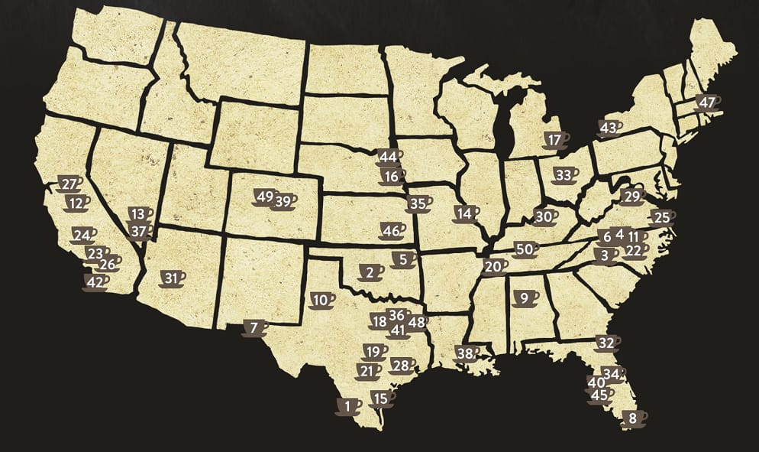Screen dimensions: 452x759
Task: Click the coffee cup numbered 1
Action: [347, 406]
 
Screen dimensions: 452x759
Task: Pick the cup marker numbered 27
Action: [69, 184]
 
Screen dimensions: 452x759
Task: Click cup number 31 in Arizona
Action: [172, 278]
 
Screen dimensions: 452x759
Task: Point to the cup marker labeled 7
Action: [254, 328]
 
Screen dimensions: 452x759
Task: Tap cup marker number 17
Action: [555, 141]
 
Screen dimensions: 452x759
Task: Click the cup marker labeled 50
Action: [524, 249]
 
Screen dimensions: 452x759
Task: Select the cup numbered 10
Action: [321, 300]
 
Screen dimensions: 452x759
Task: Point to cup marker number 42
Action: [95, 282]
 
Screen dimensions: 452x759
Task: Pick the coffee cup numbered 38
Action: [465, 353]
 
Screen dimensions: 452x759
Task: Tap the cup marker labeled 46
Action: [392, 230]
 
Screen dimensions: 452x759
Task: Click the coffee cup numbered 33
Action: [564, 175]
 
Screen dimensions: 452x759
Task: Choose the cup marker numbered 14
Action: [464, 213]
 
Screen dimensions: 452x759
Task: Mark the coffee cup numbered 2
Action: [370, 272]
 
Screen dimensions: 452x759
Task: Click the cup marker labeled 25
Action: [662, 217]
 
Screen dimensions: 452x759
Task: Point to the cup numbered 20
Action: [494, 267]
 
